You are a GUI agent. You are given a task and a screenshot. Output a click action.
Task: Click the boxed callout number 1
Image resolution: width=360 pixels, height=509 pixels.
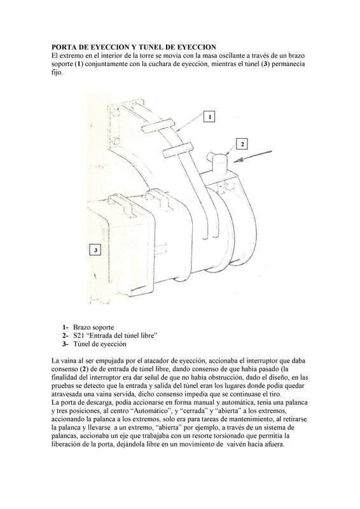(x=210, y=116)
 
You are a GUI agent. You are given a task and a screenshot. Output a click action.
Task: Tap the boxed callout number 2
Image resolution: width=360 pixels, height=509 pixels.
(x=242, y=144)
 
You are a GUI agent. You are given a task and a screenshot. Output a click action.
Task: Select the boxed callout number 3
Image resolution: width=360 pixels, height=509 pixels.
(x=95, y=250)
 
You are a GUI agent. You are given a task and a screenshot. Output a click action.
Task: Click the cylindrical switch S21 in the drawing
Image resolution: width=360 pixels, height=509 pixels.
(x=218, y=164)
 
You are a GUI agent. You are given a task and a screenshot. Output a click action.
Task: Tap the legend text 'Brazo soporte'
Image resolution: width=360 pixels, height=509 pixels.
(x=93, y=327)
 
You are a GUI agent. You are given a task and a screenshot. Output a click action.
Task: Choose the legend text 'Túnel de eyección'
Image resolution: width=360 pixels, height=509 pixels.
(x=100, y=344)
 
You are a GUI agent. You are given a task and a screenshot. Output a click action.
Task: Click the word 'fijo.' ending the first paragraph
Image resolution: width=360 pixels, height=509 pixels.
(x=57, y=73)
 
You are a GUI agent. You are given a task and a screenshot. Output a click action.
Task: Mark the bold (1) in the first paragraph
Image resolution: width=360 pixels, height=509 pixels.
(x=79, y=64)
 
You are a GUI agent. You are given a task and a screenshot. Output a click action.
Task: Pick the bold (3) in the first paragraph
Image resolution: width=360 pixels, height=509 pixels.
(x=265, y=64)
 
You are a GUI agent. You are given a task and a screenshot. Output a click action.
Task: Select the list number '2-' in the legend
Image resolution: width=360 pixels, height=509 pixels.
(x=66, y=336)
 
